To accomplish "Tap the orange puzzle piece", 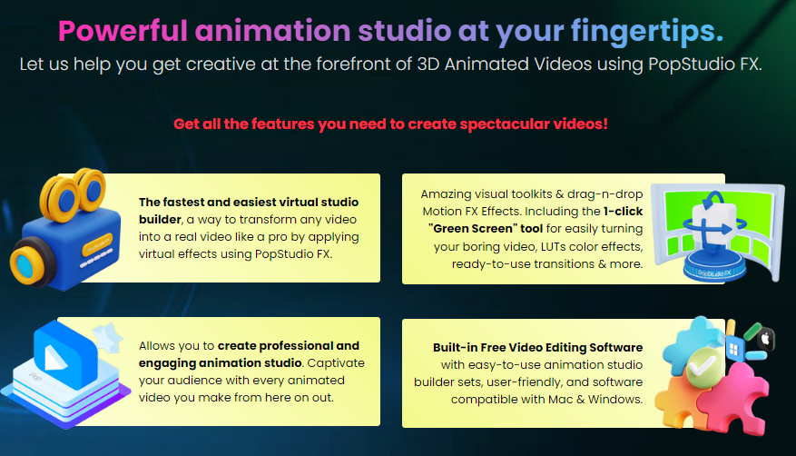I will coord(688,401).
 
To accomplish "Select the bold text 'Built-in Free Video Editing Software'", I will coord(538,347).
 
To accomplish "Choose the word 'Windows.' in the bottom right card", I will coord(617,399).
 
